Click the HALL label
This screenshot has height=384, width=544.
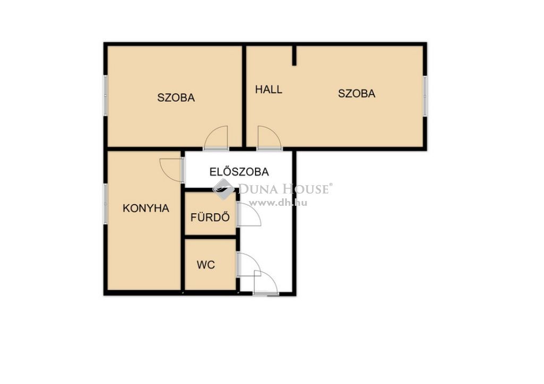[268, 90]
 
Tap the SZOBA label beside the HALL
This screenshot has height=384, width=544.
[356, 93]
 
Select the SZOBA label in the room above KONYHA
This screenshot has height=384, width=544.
[176, 98]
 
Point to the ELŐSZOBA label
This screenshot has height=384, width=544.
[239, 172]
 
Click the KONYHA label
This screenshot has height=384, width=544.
[146, 208]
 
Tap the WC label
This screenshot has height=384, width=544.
[206, 265]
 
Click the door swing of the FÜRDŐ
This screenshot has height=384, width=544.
[249, 215]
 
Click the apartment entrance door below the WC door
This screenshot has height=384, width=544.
[266, 282]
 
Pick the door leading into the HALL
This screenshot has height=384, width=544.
[269, 138]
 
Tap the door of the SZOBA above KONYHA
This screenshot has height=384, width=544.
[216, 138]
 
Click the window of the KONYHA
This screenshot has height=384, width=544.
[105, 204]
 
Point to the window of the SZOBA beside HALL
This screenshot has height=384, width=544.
[425, 96]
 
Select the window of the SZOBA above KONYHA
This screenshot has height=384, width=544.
[105, 95]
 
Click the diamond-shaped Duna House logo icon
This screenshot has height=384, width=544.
[224, 189]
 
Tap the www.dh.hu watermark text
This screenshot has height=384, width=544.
[278, 203]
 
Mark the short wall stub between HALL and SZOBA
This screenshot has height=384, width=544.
[294, 55]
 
